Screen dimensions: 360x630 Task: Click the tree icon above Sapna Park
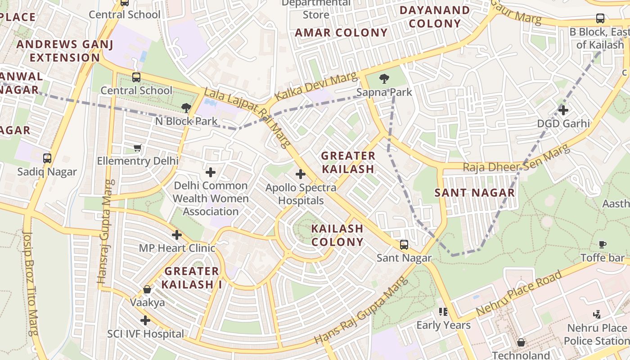[384, 79]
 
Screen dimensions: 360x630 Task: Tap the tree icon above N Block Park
[185, 108]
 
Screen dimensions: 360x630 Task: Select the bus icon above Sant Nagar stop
[404, 245]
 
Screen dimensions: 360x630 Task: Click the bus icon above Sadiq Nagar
[47, 158]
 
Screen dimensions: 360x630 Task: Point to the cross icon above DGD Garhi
[563, 110]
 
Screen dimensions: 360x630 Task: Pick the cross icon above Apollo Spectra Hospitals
[300, 174]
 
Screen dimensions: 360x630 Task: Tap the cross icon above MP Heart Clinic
[177, 235]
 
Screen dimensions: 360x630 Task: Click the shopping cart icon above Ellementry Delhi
[138, 148]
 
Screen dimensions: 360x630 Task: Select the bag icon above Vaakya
[147, 289]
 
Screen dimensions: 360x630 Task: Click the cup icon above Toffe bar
[602, 244]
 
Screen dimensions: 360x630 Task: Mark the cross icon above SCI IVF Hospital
[145, 320]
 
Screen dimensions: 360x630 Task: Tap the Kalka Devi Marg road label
[315, 86]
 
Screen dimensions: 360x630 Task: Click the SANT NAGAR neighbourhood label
[474, 193]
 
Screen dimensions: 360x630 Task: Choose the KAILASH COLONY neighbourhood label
[337, 235]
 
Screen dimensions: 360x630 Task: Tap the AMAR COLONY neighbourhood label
[341, 33]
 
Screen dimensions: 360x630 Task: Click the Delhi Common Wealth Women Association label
[210, 198]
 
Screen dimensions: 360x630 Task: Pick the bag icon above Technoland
[521, 343]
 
